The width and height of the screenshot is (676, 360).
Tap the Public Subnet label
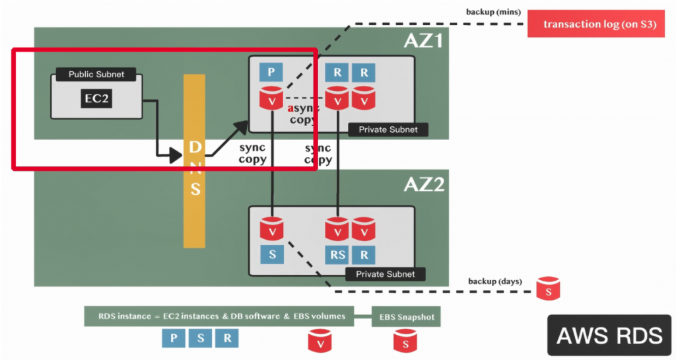pos(96,74)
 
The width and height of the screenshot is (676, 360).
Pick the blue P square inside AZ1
pos(271,71)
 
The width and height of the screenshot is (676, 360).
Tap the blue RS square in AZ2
pos(337,254)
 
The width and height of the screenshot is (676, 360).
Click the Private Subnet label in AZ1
pos(388,129)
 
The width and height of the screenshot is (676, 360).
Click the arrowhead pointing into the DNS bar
pos(176,156)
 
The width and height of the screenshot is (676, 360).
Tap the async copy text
pos(302,114)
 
